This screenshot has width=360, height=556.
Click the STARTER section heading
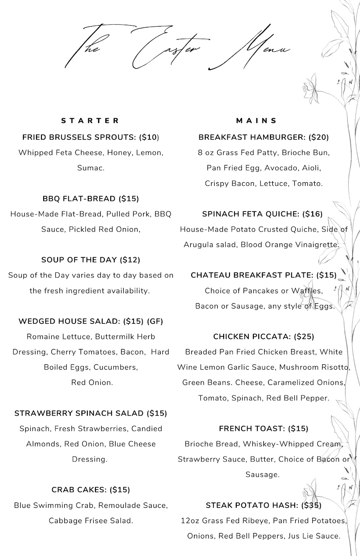click(90, 121)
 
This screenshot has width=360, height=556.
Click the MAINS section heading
click(257, 121)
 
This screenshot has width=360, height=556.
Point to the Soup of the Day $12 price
click(130, 260)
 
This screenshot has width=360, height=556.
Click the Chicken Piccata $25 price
click(304, 336)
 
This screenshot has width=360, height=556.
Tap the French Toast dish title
click(252, 429)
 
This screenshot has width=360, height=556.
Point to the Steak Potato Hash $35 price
click(311, 505)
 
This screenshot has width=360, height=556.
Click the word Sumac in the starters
click(90, 168)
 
